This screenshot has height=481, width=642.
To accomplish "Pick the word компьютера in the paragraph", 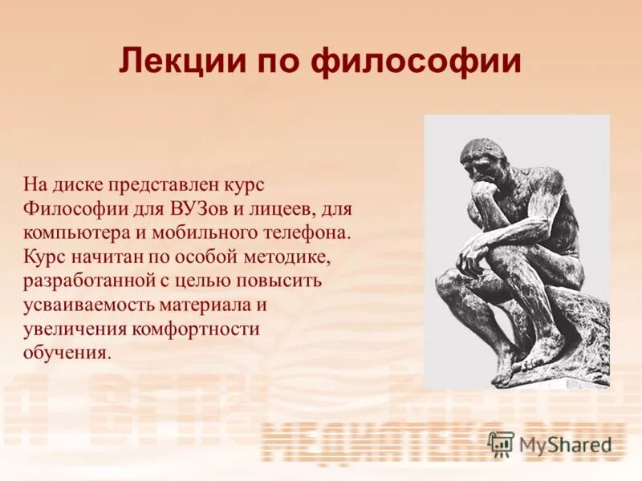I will point(71,232).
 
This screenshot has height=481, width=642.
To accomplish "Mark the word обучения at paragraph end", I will point(64,353).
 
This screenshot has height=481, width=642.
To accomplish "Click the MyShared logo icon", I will point(501,443).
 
